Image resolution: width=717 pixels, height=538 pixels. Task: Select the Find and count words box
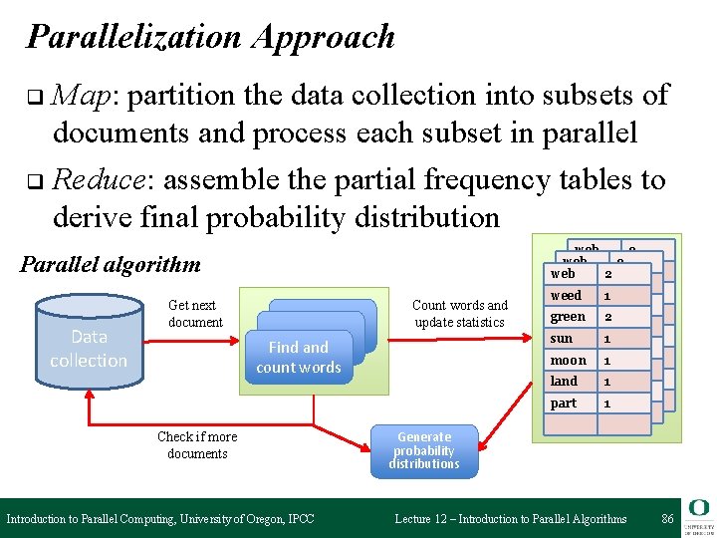[x=299, y=357]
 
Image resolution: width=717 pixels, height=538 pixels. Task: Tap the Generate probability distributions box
[x=424, y=450]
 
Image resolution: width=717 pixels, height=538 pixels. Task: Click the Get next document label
[x=195, y=313]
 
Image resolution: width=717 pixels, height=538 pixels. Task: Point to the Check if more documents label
[x=197, y=445]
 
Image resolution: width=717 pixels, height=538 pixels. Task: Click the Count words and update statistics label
[x=459, y=313]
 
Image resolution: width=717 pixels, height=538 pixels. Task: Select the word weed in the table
[x=566, y=296]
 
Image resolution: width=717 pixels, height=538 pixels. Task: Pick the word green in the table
[x=568, y=317]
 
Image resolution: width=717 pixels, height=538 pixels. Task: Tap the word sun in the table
[x=562, y=339]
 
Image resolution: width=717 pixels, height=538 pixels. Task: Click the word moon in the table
[x=569, y=360]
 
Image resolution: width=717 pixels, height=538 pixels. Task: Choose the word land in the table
[x=564, y=381]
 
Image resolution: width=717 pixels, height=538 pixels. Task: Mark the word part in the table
[x=564, y=403]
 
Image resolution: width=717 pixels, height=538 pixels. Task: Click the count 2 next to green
[x=607, y=317]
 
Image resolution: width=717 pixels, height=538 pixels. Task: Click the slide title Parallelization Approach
[x=211, y=37]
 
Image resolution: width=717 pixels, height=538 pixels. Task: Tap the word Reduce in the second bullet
[x=99, y=180]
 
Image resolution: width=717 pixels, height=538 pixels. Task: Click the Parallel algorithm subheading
[x=111, y=265]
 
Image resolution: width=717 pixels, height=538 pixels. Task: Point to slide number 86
[x=667, y=518]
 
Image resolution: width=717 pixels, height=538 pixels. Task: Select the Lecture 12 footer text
[x=511, y=519]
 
